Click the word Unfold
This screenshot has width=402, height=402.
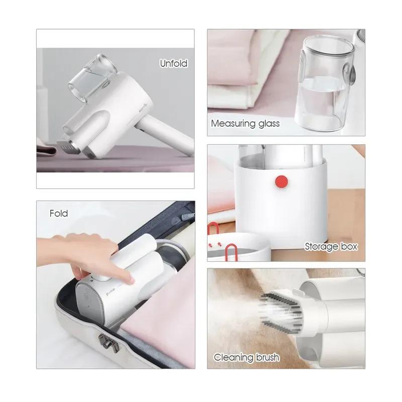(173, 63)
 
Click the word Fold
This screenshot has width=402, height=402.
(59, 213)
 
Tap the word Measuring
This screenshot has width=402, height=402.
(233, 124)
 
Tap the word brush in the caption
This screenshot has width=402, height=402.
(267, 357)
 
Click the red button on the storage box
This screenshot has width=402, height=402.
(281, 181)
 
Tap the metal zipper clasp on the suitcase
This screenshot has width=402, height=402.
(109, 343)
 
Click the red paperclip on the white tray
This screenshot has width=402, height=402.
(231, 252)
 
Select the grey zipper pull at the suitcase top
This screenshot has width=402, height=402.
(187, 217)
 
